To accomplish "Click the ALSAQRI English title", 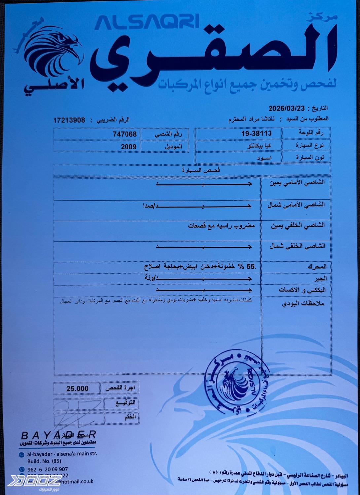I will pos(147,22).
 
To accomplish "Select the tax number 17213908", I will pos(69,120).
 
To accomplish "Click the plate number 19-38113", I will pos(256,133).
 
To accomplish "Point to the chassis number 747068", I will pos(125,134).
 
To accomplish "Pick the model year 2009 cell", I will pos(128,146).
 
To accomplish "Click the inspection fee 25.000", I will pos(77,389).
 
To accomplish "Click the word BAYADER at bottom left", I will pos(58,435).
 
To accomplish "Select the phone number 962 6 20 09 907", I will pos(48,469).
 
